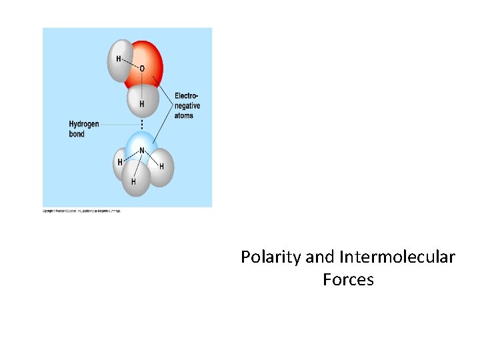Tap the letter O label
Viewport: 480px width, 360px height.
pyautogui.click(x=141, y=69)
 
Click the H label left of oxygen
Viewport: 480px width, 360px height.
pyautogui.click(x=119, y=59)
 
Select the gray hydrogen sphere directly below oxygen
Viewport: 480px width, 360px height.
pyautogui.click(x=142, y=102)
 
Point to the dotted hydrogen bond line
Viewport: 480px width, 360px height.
pyautogui.click(x=142, y=125)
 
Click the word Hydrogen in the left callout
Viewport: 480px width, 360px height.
pyautogui.click(x=84, y=124)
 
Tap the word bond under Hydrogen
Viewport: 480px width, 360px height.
pyautogui.click(x=77, y=134)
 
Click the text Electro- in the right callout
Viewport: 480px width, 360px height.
pyautogui.click(x=187, y=96)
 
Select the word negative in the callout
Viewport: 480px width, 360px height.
pyautogui.click(x=187, y=106)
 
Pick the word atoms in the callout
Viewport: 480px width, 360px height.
pyautogui.click(x=184, y=115)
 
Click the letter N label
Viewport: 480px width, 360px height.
pyautogui.click(x=142, y=151)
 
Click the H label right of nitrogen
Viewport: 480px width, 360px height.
pyautogui.click(x=161, y=166)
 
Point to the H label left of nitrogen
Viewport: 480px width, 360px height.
pyautogui.click(x=120, y=162)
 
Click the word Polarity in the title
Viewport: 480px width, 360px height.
pyautogui.click(x=271, y=257)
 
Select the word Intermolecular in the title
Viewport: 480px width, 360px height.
pyautogui.click(x=397, y=257)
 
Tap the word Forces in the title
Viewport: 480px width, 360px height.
pyautogui.click(x=348, y=279)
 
